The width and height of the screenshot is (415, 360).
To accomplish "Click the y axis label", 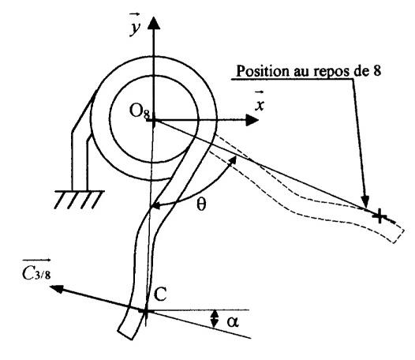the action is pos(135,25).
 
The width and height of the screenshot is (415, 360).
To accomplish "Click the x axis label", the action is pos(260,102).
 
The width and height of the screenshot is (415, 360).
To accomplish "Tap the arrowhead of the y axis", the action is pos(154,23).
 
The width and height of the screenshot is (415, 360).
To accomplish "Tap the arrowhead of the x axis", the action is pos(252,121).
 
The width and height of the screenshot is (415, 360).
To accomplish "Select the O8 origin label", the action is pos(140,111).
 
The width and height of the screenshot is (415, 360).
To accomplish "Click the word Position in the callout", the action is pos(262,71).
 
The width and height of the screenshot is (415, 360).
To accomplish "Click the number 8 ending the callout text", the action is pos(377,70).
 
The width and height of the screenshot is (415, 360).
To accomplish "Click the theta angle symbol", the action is pos(201,204).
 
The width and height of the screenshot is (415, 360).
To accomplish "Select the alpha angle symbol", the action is pos(233,322).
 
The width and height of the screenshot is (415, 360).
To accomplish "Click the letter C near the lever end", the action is pos(160,294).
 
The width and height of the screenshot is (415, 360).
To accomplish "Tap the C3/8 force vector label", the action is pos(36,271).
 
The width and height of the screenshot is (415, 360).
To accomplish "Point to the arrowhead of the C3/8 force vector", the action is pos(56,289).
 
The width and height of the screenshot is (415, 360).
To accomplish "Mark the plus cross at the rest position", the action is pos(379,216).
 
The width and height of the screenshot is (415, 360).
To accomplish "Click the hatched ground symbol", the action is pos(79,199).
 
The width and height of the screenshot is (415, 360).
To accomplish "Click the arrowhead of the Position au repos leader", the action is pos(365,202).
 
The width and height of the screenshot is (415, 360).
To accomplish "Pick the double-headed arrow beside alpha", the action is pos(215,319).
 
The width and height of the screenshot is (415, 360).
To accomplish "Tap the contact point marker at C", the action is pos(145,312).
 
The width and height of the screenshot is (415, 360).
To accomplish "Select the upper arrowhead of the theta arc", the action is pos(233,159).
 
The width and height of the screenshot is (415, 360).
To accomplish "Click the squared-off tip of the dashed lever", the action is pos(398,233).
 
